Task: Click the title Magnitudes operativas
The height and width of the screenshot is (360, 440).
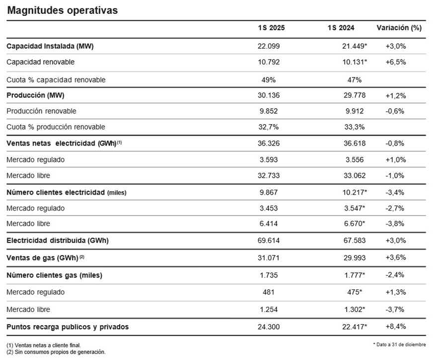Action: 62,10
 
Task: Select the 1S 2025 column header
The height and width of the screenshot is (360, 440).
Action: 271,28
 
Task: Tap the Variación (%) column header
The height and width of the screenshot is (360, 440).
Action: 399,28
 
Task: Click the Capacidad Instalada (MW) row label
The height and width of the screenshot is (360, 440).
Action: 50,46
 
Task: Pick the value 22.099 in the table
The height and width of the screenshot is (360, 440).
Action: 269,46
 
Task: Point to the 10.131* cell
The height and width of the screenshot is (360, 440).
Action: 355,62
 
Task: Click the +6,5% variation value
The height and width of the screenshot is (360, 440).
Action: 396,62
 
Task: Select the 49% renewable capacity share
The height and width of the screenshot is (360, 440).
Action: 269,80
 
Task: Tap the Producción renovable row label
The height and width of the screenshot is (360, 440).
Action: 41,111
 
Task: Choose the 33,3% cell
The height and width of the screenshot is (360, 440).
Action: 355,127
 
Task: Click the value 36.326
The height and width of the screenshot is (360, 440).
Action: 269,144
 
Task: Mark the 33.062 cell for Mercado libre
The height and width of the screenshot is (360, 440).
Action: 355,176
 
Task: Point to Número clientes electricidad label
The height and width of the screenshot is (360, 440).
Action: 56,193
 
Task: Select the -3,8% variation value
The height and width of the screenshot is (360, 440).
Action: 395,223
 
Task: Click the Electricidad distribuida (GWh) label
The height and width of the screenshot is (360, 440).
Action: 58,240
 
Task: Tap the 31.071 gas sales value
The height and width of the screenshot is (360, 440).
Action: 269,258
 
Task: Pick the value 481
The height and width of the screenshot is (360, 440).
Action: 269,292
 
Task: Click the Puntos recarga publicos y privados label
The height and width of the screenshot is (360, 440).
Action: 68,327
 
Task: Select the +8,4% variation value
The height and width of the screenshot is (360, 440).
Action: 396,327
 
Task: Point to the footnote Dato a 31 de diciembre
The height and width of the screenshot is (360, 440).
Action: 399,345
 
